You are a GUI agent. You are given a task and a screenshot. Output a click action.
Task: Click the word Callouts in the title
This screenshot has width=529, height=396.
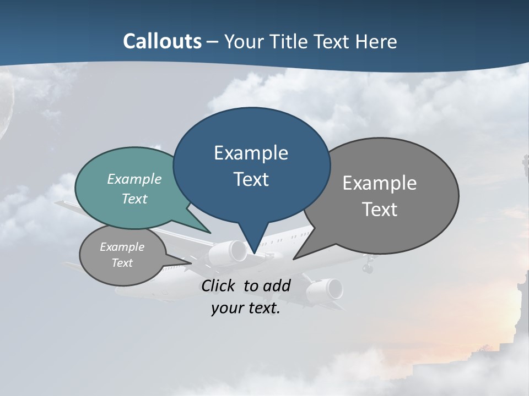point(162,41)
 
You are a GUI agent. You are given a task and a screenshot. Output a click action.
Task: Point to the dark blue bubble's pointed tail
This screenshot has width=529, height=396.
point(254,242)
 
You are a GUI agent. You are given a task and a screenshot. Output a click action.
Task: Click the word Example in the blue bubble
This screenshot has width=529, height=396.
point(251,152)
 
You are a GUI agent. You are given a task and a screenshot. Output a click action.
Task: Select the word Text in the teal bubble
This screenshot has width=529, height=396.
point(134,199)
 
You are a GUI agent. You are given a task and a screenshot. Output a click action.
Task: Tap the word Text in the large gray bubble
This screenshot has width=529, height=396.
point(380,209)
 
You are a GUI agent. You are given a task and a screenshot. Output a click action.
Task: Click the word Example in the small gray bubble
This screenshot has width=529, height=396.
point(122,247)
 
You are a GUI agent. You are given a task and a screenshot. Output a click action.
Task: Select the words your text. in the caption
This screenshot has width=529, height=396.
point(246,307)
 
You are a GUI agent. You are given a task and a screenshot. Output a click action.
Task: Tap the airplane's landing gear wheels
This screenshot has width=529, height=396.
point(367,268)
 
